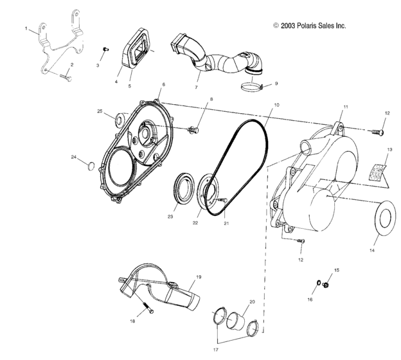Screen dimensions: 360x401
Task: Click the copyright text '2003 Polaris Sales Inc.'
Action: click(x=309, y=26)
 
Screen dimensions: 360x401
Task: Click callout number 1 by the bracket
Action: click(x=26, y=30)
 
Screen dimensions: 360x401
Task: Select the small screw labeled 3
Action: click(x=107, y=50)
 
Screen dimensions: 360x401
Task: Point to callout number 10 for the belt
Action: click(x=276, y=105)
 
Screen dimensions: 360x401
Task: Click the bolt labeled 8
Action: click(x=193, y=130)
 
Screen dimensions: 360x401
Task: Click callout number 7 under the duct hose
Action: click(x=197, y=86)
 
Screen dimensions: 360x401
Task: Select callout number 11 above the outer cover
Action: click(x=345, y=105)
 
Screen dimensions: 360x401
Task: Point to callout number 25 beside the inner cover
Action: click(x=100, y=111)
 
